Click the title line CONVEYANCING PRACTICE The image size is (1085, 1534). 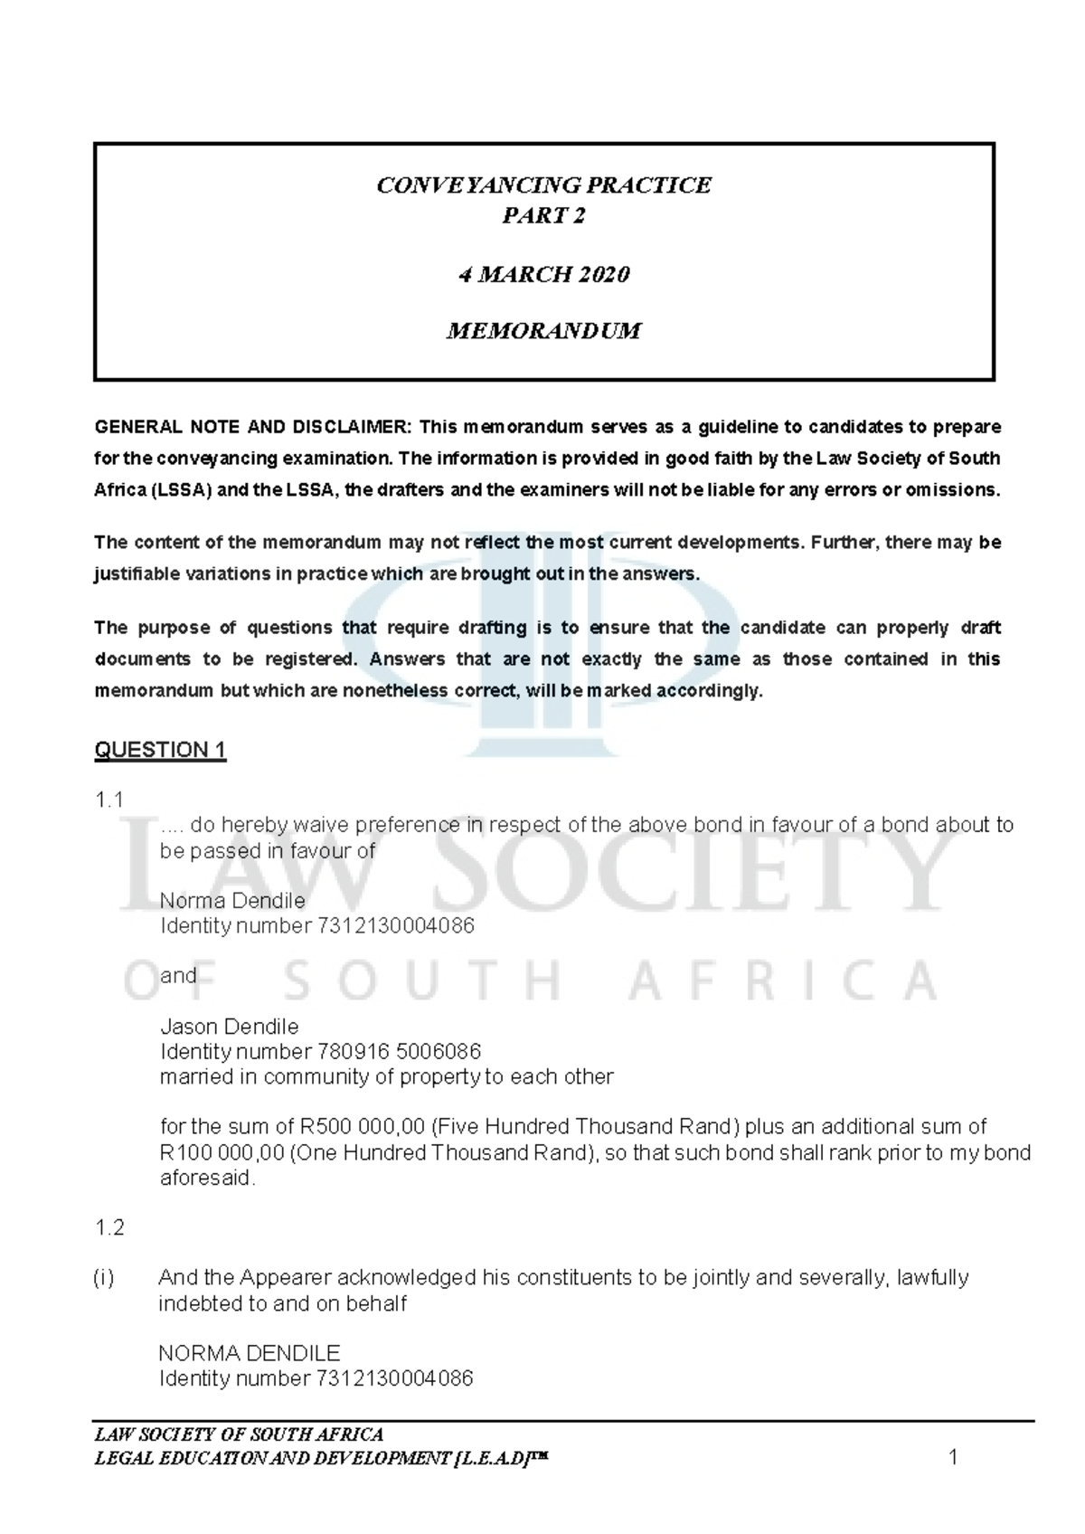(543, 185)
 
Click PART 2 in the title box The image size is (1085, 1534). (543, 215)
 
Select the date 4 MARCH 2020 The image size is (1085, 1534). (543, 274)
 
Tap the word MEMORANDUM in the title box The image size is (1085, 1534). (543, 331)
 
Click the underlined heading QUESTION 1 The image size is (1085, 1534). (160, 750)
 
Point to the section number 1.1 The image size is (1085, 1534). (108, 800)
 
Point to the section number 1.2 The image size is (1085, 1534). (109, 1228)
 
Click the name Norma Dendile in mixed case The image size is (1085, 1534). (232, 901)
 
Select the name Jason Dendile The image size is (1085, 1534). (229, 1027)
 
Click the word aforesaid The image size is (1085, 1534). (207, 1179)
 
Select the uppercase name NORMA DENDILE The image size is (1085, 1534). (249, 1353)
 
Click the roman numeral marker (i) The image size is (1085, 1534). (103, 1278)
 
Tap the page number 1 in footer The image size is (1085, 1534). (952, 1457)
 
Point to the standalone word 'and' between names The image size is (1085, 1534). (178, 976)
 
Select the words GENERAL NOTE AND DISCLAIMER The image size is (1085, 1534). (252, 427)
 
